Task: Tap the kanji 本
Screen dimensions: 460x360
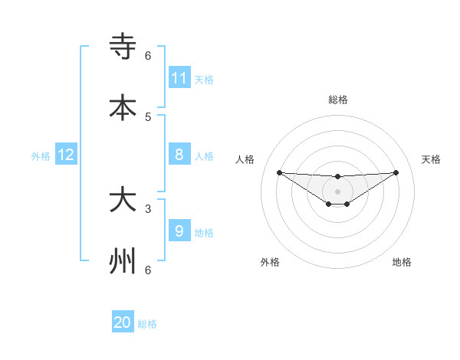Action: point(123,107)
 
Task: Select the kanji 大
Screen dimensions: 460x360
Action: point(123,200)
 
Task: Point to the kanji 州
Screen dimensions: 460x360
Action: point(123,261)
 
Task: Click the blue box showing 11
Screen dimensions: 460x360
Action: point(179,78)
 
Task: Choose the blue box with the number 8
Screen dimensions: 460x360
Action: point(179,155)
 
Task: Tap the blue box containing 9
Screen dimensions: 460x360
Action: point(179,231)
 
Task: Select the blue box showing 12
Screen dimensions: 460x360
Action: point(66,155)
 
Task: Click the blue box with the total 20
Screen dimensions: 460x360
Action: point(123,322)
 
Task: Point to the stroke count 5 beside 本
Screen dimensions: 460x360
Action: point(148,117)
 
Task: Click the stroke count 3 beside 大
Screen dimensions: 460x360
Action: point(148,208)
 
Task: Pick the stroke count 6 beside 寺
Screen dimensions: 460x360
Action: point(148,55)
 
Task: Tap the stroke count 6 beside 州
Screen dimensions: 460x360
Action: point(148,270)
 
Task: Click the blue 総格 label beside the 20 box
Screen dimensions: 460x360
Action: point(147,324)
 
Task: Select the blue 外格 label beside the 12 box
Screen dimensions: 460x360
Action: point(41,156)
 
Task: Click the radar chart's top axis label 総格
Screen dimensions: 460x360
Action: point(338,100)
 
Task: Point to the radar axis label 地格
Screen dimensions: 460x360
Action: point(402,262)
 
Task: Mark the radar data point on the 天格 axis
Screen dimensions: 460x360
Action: point(396,172)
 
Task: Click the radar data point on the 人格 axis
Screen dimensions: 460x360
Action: point(279,172)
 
